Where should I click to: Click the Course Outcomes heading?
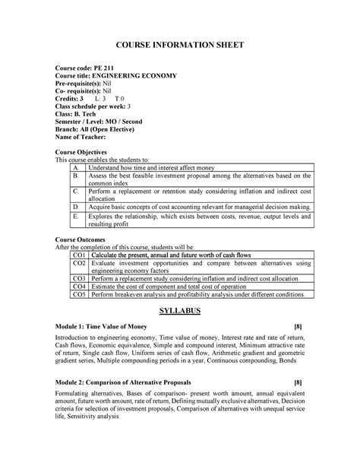click(x=84, y=240)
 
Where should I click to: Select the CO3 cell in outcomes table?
click(x=79, y=280)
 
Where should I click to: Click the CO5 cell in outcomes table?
click(x=79, y=295)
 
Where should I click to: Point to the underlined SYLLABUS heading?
click(x=179, y=312)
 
